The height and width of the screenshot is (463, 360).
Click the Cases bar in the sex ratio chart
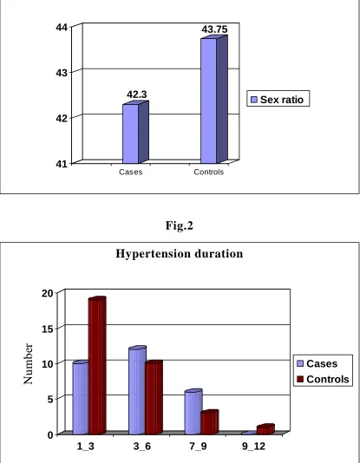point(135,132)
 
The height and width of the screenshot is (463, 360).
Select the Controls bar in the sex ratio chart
point(214,100)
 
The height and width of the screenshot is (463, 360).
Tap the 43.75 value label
point(215,29)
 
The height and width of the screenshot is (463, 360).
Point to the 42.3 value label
point(137,95)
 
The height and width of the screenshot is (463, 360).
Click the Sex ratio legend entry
point(278,100)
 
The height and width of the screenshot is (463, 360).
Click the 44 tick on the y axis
point(62,28)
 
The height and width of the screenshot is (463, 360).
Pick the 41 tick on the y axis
point(62,164)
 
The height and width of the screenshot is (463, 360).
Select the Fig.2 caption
point(180,225)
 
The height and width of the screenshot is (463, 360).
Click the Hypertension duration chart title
point(180,254)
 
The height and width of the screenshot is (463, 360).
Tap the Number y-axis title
point(28,363)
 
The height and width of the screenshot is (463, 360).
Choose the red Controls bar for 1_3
point(97,365)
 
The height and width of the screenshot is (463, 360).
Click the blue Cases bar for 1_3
point(81,397)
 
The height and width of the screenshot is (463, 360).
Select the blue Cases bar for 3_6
point(137,390)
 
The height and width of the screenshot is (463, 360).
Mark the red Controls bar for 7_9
point(210,422)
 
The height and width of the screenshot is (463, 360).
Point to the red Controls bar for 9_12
point(265,429)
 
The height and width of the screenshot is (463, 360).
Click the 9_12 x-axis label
point(253,447)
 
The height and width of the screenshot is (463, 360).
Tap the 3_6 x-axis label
point(142,447)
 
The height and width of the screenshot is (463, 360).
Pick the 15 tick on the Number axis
point(48,329)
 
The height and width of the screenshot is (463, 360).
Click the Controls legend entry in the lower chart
point(323,379)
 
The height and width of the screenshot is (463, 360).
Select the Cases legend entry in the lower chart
point(317,363)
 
